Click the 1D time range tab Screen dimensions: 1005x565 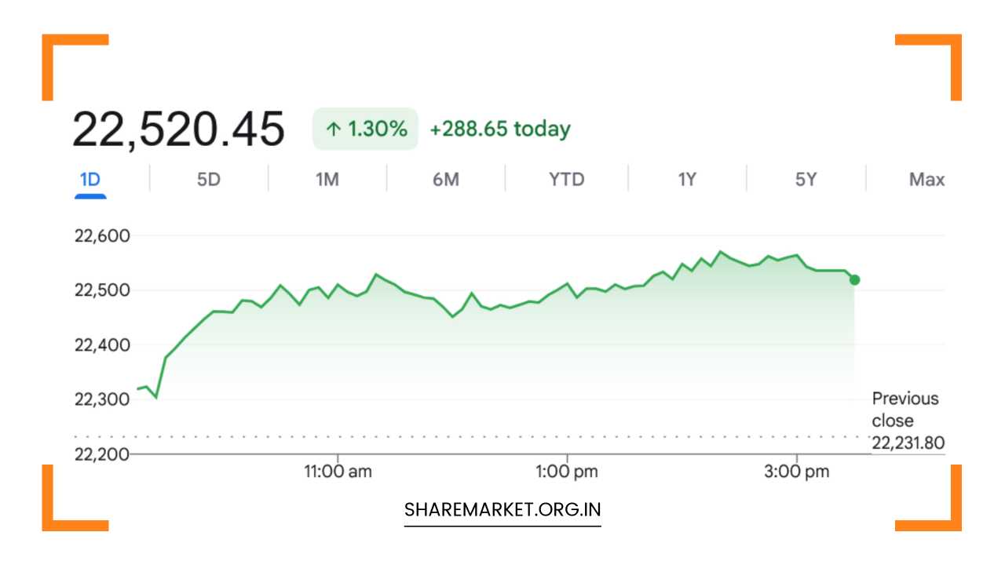(90, 180)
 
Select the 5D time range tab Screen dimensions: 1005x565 (209, 180)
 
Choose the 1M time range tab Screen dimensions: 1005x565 (327, 180)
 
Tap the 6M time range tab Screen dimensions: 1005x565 (446, 180)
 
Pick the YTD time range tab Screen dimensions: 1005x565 (567, 180)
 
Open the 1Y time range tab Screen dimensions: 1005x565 (687, 180)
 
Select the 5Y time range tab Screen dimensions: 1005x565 (806, 180)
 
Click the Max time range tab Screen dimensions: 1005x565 (926, 180)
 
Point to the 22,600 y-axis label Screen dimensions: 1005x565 (102, 236)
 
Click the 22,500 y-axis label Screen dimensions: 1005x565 (102, 290)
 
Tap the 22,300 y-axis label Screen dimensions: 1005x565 (102, 399)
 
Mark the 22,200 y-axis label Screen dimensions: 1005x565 (102, 454)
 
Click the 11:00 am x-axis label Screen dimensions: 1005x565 (338, 472)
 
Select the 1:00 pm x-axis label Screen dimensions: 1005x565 (567, 472)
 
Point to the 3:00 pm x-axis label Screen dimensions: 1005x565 (797, 472)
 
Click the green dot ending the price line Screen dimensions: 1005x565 (855, 280)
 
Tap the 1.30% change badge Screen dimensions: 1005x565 (365, 129)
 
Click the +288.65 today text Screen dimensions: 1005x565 (500, 129)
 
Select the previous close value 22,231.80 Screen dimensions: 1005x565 (908, 443)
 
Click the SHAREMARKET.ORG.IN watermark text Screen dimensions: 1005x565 (502, 510)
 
